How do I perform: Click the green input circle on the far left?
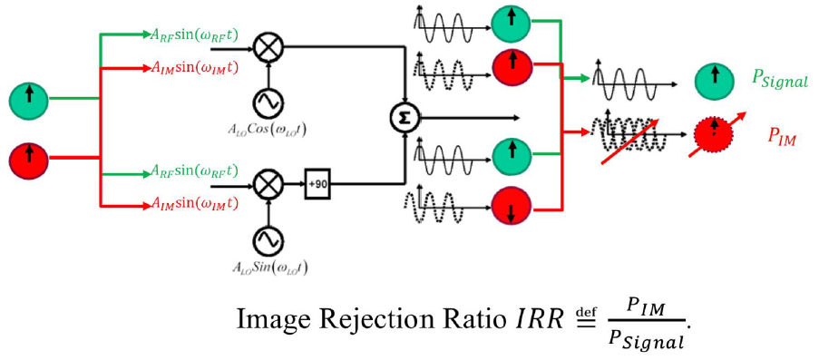(29, 98)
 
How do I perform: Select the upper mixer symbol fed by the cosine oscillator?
(268, 45)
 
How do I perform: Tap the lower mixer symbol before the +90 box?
(268, 183)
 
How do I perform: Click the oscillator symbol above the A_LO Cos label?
(268, 98)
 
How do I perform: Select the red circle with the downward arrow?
(511, 208)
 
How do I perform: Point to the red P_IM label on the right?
(783, 136)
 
